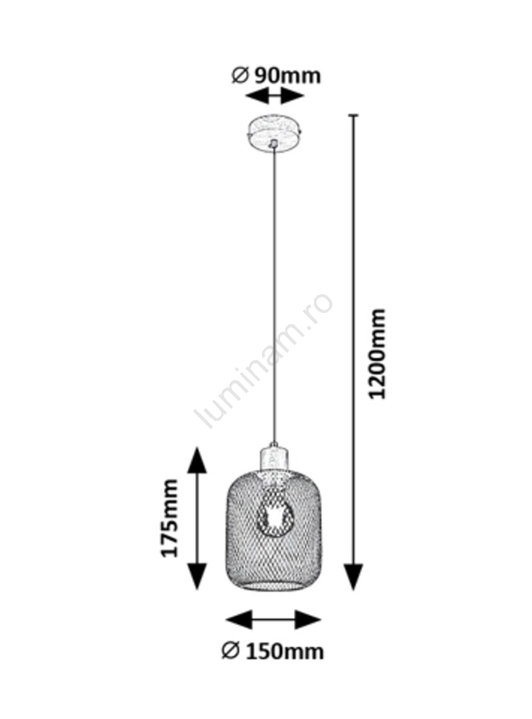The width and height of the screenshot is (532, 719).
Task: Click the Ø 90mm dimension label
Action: point(276,76)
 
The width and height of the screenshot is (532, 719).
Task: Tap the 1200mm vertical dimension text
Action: point(378,354)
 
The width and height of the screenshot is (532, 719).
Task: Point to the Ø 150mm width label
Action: point(273,651)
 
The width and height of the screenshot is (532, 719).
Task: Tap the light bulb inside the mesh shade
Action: point(274,516)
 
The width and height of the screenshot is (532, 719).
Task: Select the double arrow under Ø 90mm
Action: point(275,97)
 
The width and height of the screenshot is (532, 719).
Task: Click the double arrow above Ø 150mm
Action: point(273,620)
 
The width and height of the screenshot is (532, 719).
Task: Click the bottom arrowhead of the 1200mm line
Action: point(353,577)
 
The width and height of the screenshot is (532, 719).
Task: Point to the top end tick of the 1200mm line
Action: point(353,115)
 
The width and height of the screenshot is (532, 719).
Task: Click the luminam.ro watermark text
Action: point(263,361)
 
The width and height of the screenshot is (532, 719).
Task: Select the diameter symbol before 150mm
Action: point(230,650)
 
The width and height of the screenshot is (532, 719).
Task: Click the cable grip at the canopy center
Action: point(273,144)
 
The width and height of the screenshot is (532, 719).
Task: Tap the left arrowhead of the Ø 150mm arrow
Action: point(239,620)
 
